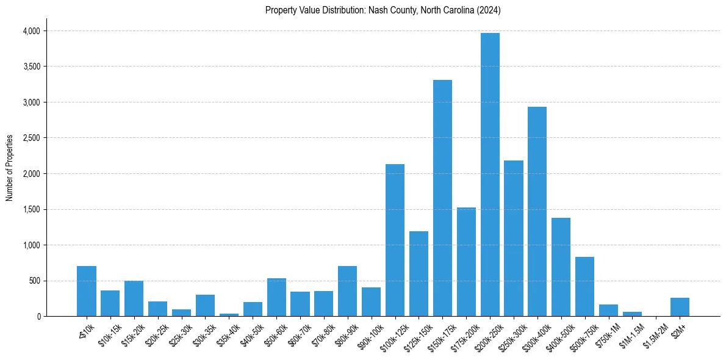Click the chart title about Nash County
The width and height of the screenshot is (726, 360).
383,10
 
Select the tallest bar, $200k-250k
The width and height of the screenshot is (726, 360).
490,175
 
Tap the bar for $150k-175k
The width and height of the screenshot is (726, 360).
442,198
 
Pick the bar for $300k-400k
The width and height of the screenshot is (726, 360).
537,211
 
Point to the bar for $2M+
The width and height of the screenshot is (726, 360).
680,307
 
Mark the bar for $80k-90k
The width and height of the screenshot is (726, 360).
347,291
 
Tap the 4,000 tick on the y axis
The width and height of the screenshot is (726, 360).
30,31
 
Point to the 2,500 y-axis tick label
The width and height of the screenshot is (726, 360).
30,139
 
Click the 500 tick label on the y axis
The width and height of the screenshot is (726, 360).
34,281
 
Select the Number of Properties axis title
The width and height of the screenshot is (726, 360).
10,167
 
